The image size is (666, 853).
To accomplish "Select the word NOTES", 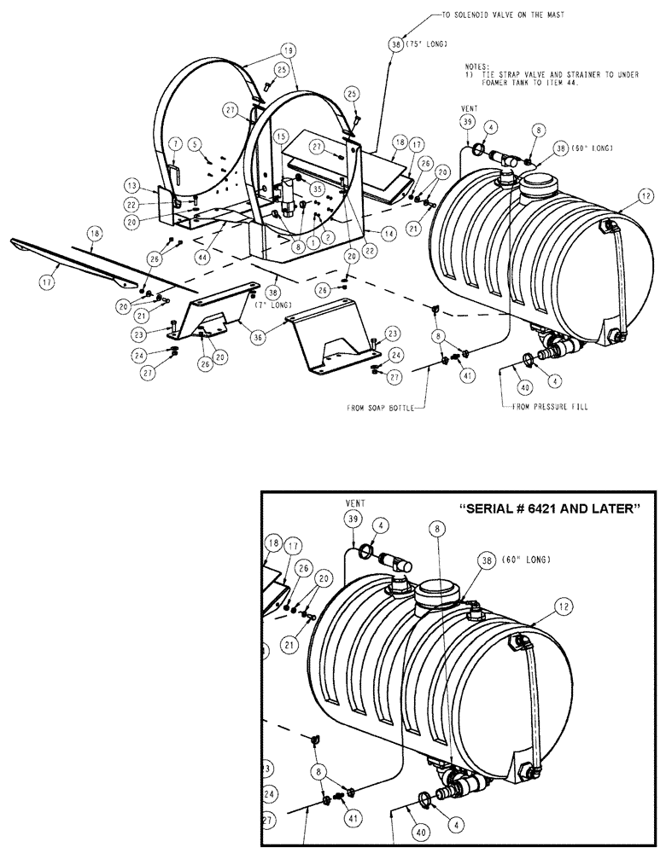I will [x=476, y=66].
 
